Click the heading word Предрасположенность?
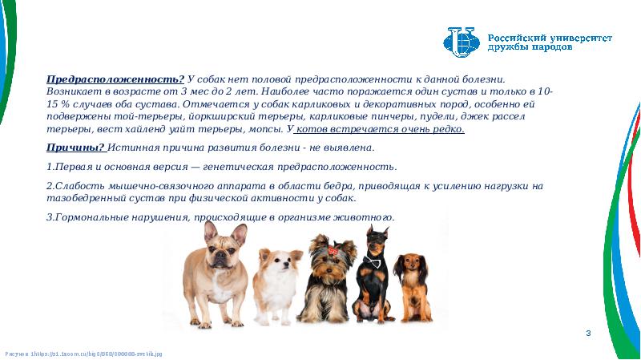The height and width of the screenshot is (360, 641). point(115,79)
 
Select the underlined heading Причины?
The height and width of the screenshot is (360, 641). point(75,148)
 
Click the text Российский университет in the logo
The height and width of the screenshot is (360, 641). point(538,37)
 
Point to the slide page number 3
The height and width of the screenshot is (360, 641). point(588,333)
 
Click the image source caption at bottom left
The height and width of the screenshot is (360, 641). point(83,353)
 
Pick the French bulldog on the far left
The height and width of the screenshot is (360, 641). point(214,273)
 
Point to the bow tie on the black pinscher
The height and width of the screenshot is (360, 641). point(372,261)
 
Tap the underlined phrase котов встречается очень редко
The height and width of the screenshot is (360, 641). point(380,129)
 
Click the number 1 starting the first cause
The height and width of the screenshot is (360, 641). point(49,167)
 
